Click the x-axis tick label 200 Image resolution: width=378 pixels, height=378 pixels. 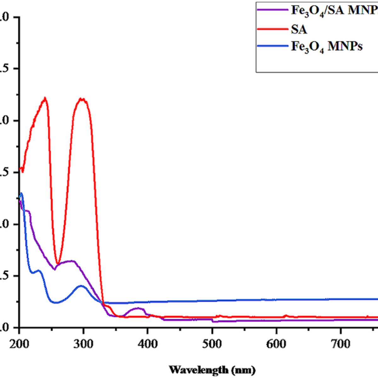tap(19, 344)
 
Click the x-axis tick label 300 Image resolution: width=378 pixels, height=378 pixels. tap(83, 344)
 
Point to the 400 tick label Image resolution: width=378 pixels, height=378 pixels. tap(147, 344)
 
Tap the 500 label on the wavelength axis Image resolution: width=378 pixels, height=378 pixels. tap(212, 344)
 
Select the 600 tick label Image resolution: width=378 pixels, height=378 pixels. tap(276, 344)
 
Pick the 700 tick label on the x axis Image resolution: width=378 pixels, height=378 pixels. tap(341, 344)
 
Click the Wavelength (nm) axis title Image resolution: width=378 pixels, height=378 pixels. tap(212, 369)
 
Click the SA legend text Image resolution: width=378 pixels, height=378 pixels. tap(299, 29)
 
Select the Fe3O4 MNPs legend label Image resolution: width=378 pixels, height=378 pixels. tap(326, 47)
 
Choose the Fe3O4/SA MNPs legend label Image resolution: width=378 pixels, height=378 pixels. tap(334, 11)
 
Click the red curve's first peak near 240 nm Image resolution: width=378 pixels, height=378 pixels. tap(45, 98)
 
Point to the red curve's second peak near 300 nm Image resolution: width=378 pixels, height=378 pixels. tap(82, 99)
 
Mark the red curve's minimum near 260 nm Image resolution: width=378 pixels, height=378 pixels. tap(57, 263)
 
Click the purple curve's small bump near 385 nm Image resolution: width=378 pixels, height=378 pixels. tap(137, 308)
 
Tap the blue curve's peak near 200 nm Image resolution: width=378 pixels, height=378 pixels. tap(21, 193)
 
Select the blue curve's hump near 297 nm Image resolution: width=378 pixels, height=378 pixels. tap(81, 286)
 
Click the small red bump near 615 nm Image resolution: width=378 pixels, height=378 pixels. tap(286, 315)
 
